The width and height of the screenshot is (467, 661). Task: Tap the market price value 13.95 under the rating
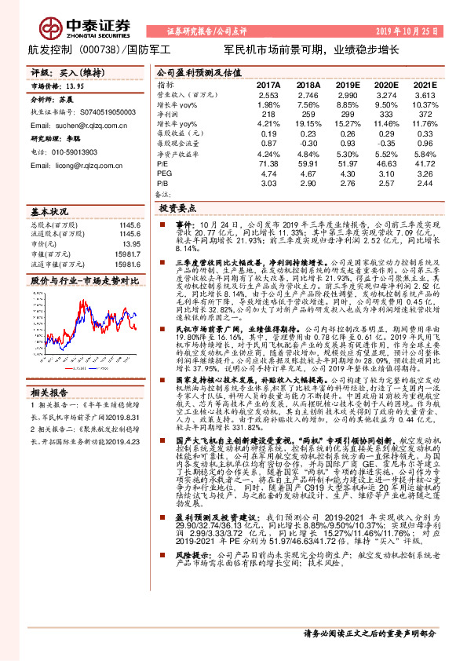[x=73, y=88]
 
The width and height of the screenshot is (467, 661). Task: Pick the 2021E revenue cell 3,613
[x=424, y=94]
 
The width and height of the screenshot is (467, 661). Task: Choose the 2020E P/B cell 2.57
[x=385, y=182]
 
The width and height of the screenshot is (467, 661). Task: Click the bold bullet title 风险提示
[x=190, y=598]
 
